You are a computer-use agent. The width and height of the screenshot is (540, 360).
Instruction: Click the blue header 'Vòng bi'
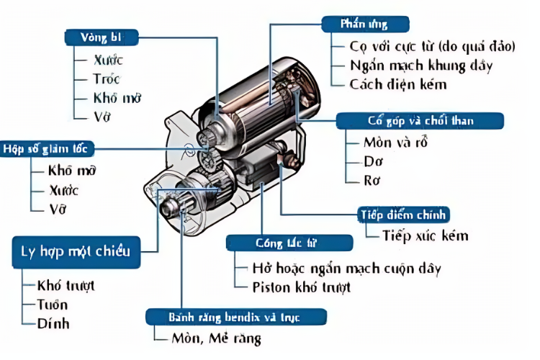pyautogui.click(x=102, y=36)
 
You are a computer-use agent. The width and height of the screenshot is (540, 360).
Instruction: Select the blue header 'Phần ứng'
pyautogui.click(x=364, y=24)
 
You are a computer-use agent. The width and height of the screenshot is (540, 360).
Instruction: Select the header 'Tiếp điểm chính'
pyautogui.click(x=404, y=215)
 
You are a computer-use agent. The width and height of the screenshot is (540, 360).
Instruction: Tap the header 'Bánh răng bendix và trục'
pyautogui.click(x=235, y=317)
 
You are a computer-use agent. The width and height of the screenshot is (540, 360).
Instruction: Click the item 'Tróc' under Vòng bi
pyautogui.click(x=107, y=78)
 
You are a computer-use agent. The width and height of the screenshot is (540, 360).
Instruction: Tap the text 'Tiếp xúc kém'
pyautogui.click(x=426, y=235)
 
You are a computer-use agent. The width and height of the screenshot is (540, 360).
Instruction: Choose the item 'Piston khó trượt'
pyautogui.click(x=302, y=287)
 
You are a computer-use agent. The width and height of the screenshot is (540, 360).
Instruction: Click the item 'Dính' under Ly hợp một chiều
pyautogui.click(x=53, y=323)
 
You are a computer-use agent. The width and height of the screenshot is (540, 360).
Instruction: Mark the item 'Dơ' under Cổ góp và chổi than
pyautogui.click(x=373, y=161)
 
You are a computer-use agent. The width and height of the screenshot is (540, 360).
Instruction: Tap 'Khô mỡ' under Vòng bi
pyautogui.click(x=115, y=97)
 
